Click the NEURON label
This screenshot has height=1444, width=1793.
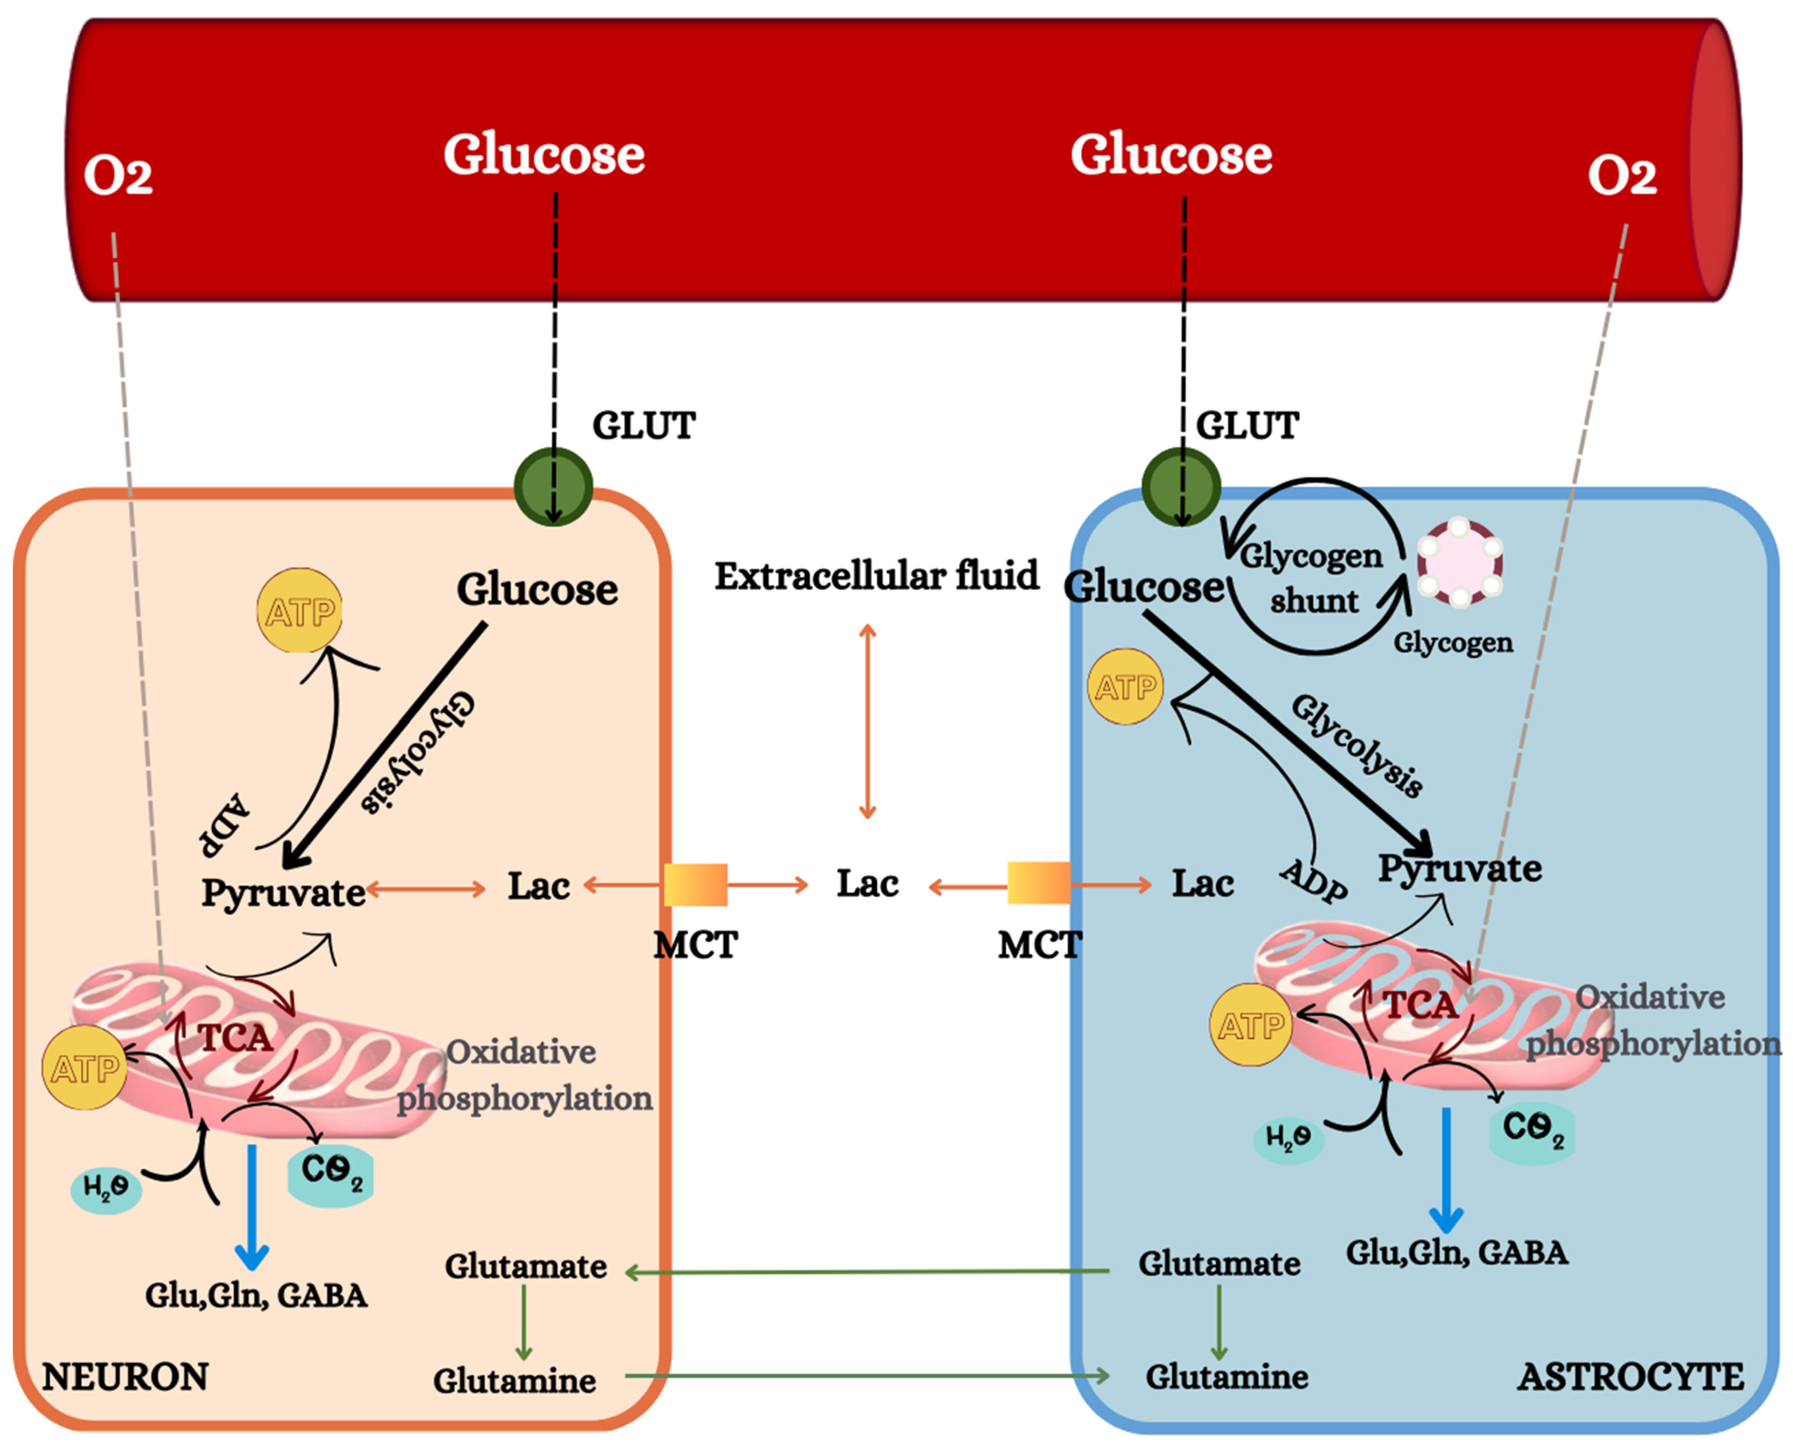(x=125, y=1376)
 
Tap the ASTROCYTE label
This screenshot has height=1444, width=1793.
(x=1630, y=1376)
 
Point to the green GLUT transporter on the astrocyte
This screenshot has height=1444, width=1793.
(x=1181, y=487)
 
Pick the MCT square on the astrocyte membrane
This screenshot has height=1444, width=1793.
(x=1039, y=882)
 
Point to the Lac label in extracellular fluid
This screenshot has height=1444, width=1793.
(x=867, y=883)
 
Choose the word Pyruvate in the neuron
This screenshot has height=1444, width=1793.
(x=283, y=893)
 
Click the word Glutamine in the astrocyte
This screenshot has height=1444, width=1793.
(x=1227, y=1376)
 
